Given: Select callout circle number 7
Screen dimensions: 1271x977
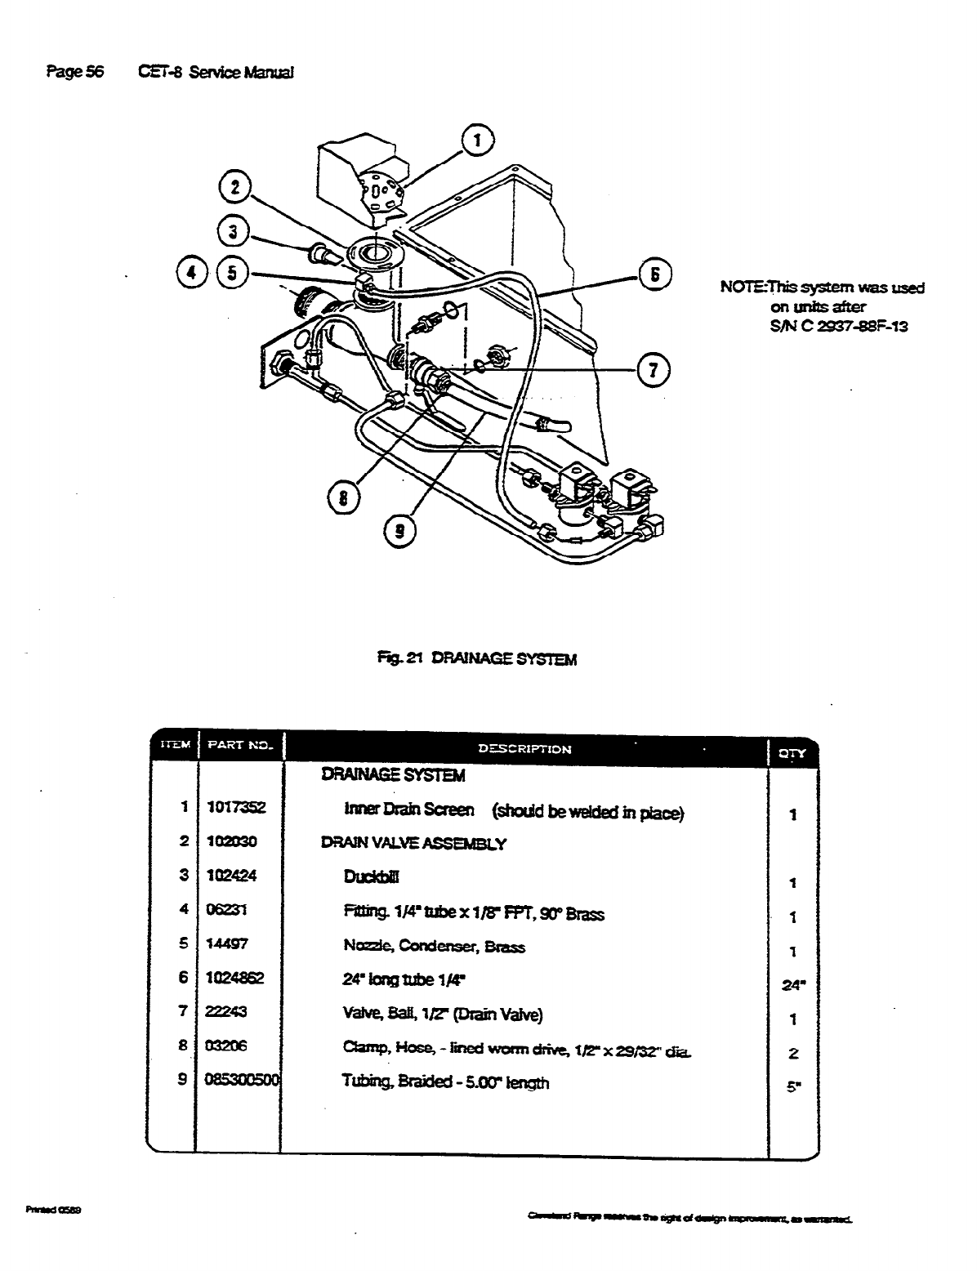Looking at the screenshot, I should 654,369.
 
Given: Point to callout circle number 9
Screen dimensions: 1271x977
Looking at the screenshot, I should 399,530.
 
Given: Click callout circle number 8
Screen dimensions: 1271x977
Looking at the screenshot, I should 344,497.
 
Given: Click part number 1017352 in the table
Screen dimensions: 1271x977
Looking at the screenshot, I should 231,808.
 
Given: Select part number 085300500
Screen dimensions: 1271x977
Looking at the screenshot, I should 243,1082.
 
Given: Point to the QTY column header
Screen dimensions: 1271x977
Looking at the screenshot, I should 792,753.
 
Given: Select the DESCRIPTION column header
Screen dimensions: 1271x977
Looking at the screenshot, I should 524,748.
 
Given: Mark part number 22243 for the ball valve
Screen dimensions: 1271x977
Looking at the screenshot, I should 227,1012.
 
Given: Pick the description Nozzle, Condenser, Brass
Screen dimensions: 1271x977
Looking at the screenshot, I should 434,947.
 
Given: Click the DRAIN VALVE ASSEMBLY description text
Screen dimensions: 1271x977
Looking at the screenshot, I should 413,844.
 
